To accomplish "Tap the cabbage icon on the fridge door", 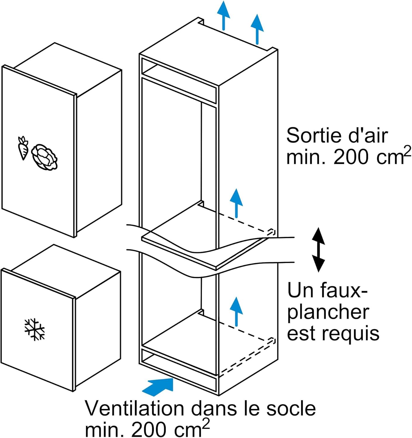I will (x=44, y=157).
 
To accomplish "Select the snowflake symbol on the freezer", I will (x=34, y=329).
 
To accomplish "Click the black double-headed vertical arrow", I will (x=318, y=250).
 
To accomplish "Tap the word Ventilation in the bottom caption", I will (x=135, y=409).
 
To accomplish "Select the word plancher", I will (x=328, y=313).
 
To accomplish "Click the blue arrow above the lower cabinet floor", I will (x=236, y=311).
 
